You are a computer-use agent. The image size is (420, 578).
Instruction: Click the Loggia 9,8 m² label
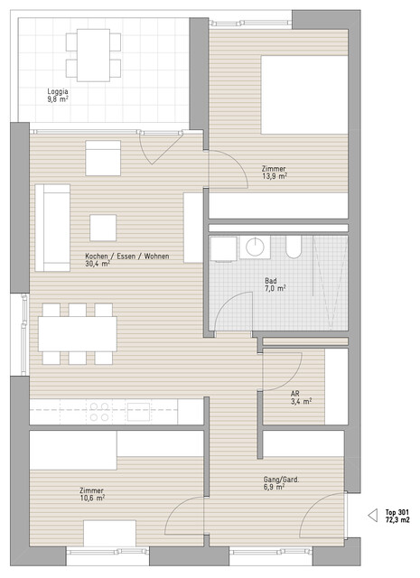tap(58, 95)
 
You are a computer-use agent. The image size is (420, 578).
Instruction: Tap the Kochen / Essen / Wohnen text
tap(127, 256)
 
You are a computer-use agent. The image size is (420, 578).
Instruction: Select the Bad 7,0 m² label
tap(275, 284)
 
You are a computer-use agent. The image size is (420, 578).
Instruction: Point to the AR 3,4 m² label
tap(301, 397)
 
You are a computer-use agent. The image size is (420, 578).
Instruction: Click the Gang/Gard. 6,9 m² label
tap(281, 483)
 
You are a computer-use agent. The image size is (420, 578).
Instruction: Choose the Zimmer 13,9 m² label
tap(274, 172)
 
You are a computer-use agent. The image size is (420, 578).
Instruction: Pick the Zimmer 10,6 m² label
tap(92, 494)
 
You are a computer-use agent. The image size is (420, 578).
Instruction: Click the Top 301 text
tap(397, 512)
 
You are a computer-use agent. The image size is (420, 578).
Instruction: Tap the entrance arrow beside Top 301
tap(373, 516)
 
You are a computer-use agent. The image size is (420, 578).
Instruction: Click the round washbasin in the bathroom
tap(255, 247)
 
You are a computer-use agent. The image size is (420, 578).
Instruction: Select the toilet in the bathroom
tap(294, 247)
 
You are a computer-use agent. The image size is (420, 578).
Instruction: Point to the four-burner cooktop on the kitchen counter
tap(99, 412)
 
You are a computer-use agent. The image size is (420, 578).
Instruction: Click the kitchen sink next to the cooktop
tap(139, 412)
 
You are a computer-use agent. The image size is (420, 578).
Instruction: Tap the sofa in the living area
tap(52, 228)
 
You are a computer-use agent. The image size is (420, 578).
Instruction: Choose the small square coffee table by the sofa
tap(103, 228)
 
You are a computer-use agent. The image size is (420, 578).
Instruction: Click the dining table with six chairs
tap(78, 333)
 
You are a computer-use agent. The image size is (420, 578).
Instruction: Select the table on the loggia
tap(93, 55)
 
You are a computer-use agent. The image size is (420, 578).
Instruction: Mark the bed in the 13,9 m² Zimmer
tap(304, 95)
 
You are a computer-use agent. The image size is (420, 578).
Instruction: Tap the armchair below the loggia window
tap(103, 158)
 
